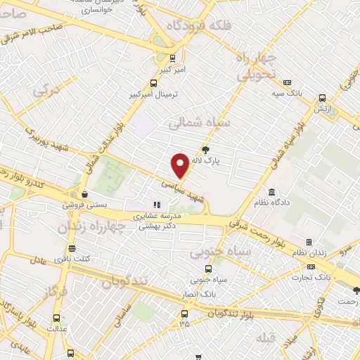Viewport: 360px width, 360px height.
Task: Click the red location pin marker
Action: pyautogui.click(x=180, y=165)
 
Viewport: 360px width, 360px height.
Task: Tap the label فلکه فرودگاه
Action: pyautogui.click(x=198, y=25)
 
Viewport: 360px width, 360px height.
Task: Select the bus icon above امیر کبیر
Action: pyautogui.click(x=173, y=59)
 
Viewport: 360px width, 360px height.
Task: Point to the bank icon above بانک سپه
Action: pyautogui.click(x=287, y=82)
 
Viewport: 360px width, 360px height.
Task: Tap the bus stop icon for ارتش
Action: pyautogui.click(x=322, y=98)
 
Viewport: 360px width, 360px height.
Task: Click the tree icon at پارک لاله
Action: pyautogui.click(x=205, y=149)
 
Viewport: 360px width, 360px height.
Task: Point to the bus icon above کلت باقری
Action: pyautogui.click(x=72, y=248)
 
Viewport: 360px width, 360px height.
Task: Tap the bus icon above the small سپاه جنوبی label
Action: pyautogui.click(x=207, y=269)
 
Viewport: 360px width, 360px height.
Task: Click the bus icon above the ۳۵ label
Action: pyautogui.click(x=185, y=312)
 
